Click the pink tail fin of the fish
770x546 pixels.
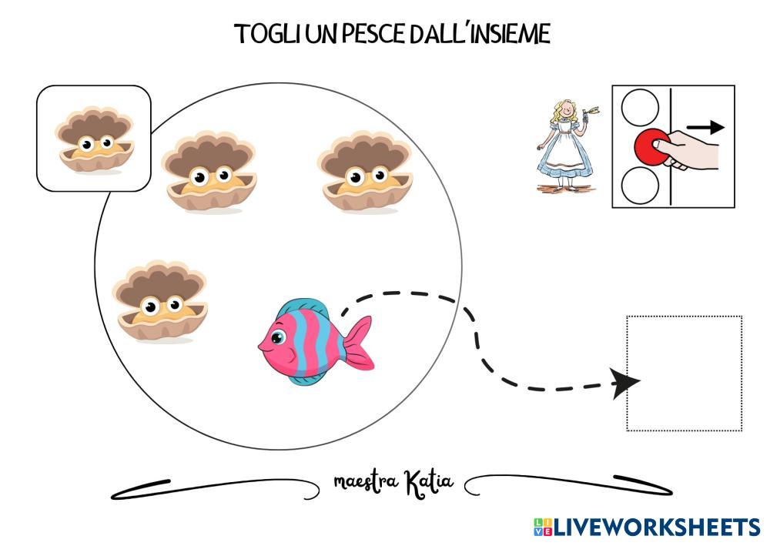click(359, 342)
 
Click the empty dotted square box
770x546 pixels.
click(684, 373)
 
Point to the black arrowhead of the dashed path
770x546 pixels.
click(625, 382)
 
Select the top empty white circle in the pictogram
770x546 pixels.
click(640, 107)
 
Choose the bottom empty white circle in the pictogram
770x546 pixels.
click(640, 186)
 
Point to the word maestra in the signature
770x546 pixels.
click(365, 483)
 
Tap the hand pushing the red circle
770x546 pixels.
click(693, 150)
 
